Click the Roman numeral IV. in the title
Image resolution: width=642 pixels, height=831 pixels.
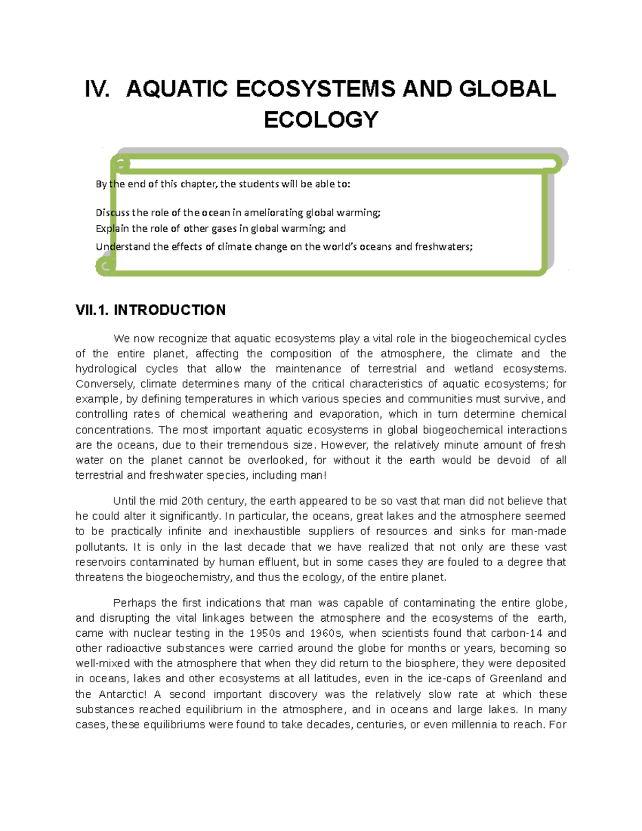click(97, 89)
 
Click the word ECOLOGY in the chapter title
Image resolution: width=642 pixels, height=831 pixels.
click(321, 120)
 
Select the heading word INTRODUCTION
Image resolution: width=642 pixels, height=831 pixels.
click(170, 310)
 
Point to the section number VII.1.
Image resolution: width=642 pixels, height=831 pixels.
click(92, 310)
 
